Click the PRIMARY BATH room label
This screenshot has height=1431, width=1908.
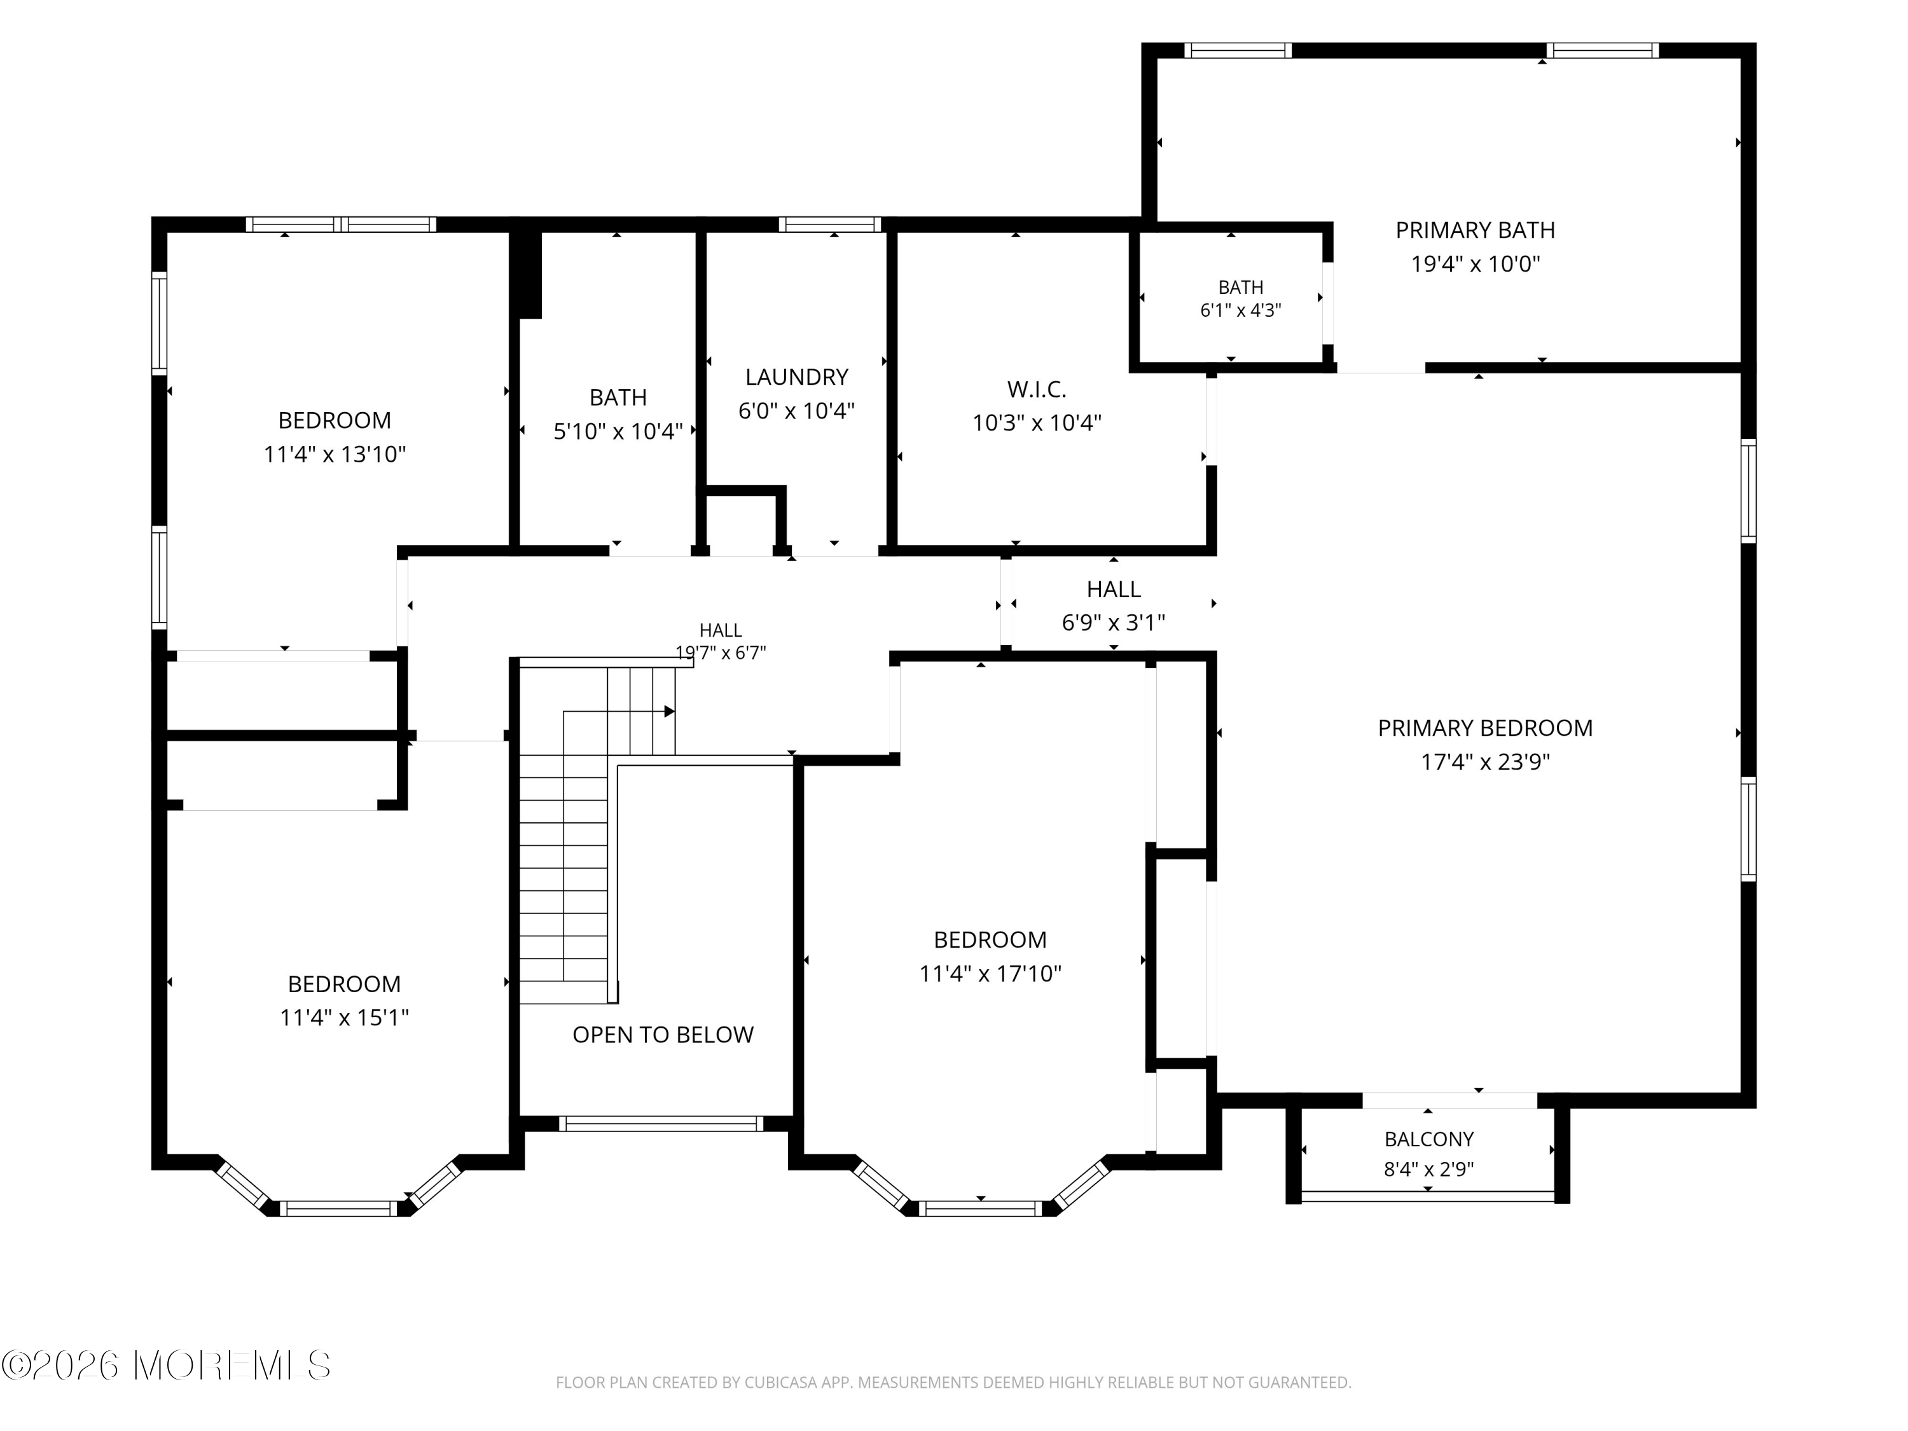coord(1475,230)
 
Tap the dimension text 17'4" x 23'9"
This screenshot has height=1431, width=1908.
coord(1485,762)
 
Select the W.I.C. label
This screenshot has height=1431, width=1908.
coord(1037,390)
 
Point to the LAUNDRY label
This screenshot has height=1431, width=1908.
coord(796,377)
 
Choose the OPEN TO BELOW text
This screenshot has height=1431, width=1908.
coord(663,1034)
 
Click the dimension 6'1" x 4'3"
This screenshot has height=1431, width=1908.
coord(1240,310)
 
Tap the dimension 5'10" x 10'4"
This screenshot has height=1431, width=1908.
coord(618,431)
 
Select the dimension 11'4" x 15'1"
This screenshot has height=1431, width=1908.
coord(344,1018)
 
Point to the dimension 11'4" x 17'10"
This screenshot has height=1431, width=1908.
coord(990,973)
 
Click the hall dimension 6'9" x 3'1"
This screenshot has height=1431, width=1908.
coord(1114,622)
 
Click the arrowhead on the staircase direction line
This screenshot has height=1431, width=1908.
coord(669,712)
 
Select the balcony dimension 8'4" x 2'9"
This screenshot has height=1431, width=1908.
coord(1428,1170)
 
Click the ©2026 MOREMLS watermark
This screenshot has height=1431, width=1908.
coord(165,1365)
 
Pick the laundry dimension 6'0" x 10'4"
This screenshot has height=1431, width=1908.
coord(796,411)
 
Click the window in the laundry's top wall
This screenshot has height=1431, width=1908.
coord(830,225)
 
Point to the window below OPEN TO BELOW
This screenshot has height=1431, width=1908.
coord(661,1123)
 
